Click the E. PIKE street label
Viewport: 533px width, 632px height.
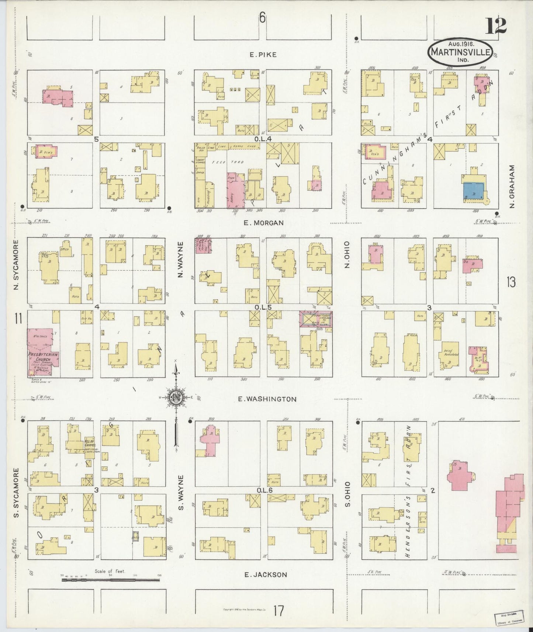pyautogui.click(x=263, y=55)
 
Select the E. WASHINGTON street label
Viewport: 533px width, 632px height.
pyautogui.click(x=267, y=399)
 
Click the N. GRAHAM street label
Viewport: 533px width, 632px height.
pyautogui.click(x=512, y=186)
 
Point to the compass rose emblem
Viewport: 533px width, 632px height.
pyautogui.click(x=175, y=397)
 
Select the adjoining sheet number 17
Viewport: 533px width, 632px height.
pyautogui.click(x=279, y=611)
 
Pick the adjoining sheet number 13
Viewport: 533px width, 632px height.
pyautogui.click(x=511, y=282)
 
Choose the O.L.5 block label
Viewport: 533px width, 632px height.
pyautogui.click(x=263, y=307)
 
